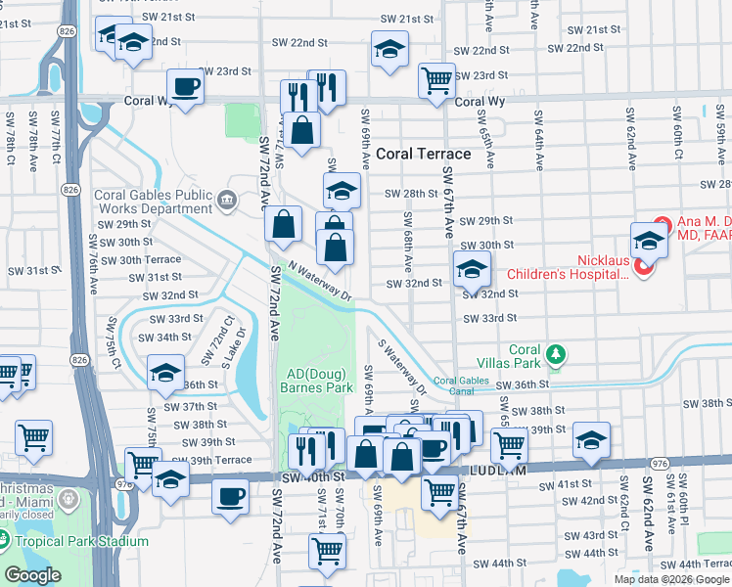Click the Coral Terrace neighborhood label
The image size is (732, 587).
click(424, 154)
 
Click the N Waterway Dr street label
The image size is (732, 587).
click(319, 284)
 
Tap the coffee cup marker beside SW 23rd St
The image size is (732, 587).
click(185, 87)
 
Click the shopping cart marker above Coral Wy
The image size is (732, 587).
click(436, 80)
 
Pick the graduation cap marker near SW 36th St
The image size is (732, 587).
click(166, 373)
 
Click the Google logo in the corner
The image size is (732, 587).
click(32, 575)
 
